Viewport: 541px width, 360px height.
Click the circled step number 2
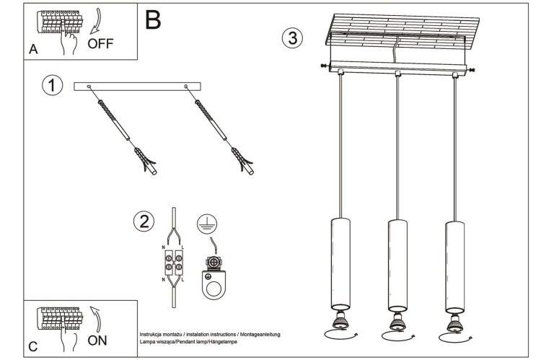[x=144, y=221]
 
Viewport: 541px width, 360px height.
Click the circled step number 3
[x=291, y=38]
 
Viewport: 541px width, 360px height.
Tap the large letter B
[x=153, y=20]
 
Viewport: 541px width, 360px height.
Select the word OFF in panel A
[x=101, y=43]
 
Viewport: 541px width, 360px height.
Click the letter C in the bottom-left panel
[x=32, y=347]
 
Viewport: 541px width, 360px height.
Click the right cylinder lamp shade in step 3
[x=453, y=263]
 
